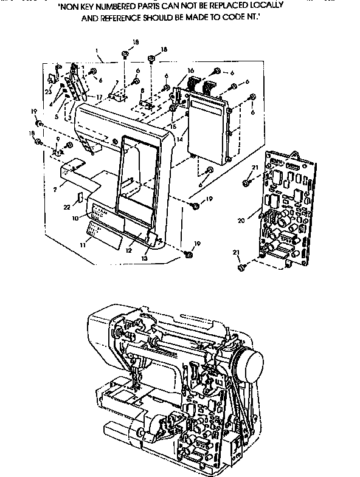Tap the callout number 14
[x=179, y=139]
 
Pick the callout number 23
[x=47, y=92]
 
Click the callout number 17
[x=98, y=97]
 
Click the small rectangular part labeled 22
[x=80, y=197]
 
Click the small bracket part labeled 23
[x=52, y=78]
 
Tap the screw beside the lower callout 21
[x=242, y=266]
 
